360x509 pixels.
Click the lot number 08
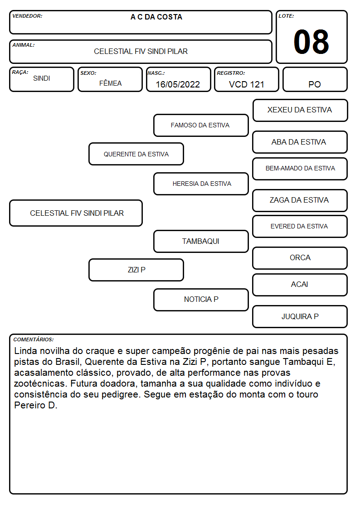coord(311,42)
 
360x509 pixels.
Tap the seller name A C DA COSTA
coord(156,17)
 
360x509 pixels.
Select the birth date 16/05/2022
coord(178,84)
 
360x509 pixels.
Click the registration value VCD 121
coord(247,84)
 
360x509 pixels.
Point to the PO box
coord(315,79)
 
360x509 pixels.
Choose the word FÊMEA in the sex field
coord(110,83)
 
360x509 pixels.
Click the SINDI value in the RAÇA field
coord(42,78)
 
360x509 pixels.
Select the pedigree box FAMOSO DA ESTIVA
coord(201,125)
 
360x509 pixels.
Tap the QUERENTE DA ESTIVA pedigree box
coord(136,154)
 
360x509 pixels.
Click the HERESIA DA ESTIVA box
coord(201,184)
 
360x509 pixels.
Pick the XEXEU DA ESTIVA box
coord(300,111)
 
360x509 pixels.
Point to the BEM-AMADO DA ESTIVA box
coord(300,169)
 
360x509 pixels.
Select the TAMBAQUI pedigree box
coord(201,241)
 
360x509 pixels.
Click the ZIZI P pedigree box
coord(136,270)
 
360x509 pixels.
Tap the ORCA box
coord(300,258)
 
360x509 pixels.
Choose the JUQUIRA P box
coord(300,316)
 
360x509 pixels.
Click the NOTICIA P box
coord(201,300)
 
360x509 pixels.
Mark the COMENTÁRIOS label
coord(34,339)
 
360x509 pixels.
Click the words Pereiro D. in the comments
coord(36,406)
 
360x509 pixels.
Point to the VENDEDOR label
coord(27,16)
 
